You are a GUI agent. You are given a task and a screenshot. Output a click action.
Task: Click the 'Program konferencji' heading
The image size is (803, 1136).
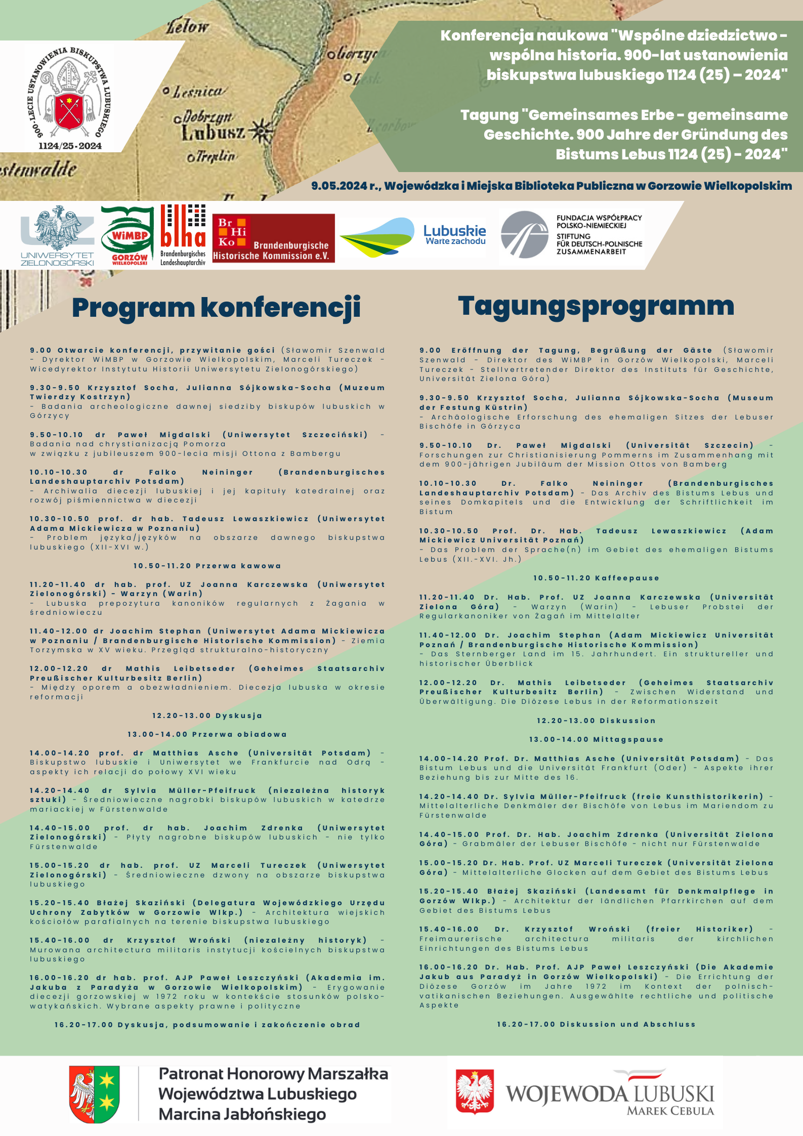[216, 308]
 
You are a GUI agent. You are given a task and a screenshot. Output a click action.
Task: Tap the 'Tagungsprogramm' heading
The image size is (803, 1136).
[596, 307]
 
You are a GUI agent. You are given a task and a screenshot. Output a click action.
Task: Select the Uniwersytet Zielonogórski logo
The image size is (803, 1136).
[57, 235]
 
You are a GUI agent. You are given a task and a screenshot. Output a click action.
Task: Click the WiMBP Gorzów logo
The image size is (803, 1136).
[128, 236]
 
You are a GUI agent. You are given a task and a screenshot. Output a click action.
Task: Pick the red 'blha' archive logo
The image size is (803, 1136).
[183, 235]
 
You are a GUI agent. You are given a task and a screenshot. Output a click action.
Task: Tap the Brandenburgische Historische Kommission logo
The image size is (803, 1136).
[273, 238]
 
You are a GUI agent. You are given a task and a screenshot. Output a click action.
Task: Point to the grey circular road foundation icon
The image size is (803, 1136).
[524, 235]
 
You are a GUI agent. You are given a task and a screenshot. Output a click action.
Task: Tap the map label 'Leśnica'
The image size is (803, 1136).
[198, 92]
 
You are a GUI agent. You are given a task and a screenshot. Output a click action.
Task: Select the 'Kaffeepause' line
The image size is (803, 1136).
[596, 578]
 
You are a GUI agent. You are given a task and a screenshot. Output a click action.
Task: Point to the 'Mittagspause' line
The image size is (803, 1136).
[596, 739]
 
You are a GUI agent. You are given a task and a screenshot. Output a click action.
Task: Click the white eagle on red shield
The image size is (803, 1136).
[475, 1091]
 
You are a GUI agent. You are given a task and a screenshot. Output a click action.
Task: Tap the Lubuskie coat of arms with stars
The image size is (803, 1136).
[95, 1094]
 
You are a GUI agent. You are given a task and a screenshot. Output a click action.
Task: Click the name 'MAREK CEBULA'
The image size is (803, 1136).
[670, 1111]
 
